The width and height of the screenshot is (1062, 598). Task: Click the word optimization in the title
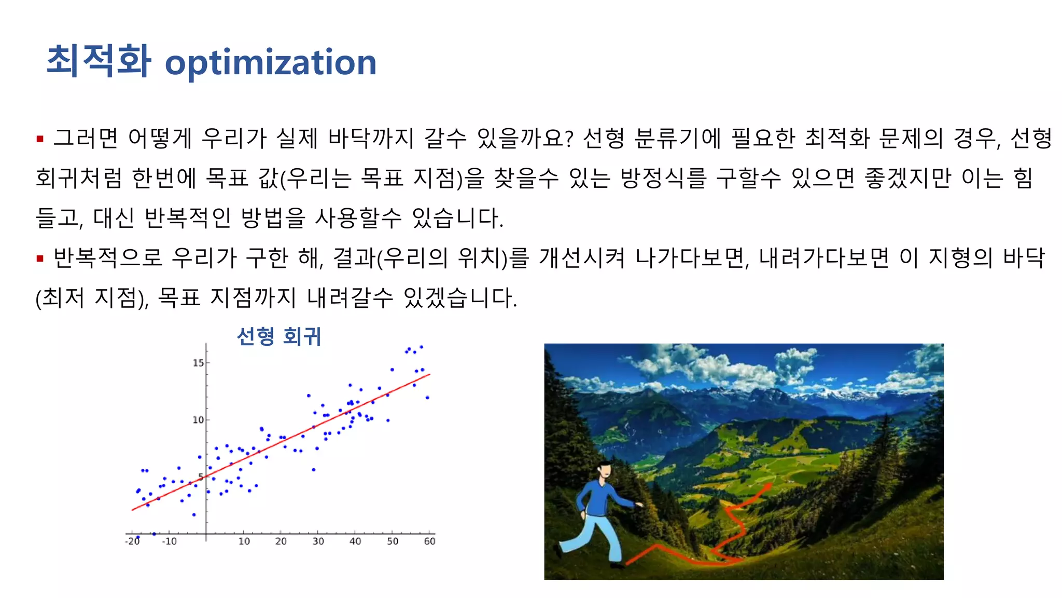(270, 62)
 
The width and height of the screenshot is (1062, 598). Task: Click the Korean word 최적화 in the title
(99, 61)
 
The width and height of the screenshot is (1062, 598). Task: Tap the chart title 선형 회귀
(279, 336)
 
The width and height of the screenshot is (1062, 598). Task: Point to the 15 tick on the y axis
(199, 363)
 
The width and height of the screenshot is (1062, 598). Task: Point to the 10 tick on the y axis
(199, 420)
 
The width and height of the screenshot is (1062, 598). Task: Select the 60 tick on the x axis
(429, 541)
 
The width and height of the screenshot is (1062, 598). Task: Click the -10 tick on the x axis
(169, 541)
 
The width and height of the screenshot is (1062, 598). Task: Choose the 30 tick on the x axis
(318, 541)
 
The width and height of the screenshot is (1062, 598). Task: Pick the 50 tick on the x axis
(393, 541)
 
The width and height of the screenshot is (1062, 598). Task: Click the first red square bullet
(40, 139)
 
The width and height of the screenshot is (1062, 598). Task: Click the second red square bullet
(40, 258)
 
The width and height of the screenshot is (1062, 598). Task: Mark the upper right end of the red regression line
(429, 374)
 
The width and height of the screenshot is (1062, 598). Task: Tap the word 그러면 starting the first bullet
(86, 138)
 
